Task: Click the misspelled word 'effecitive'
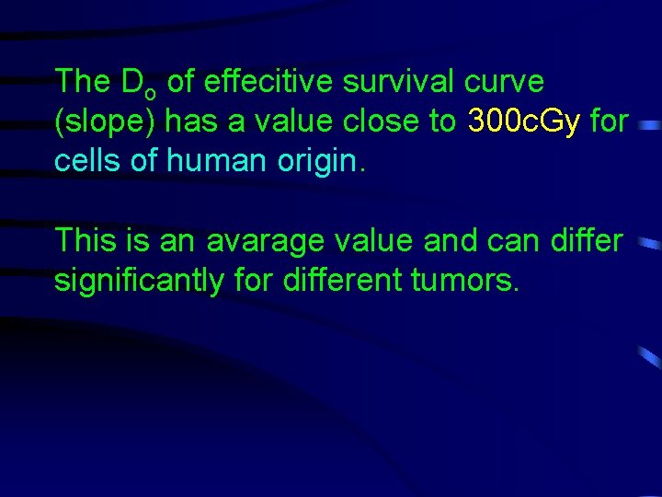pyautogui.click(x=268, y=82)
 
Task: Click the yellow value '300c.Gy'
pyautogui.click(x=523, y=121)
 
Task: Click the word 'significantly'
pyautogui.click(x=138, y=280)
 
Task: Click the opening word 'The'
pyautogui.click(x=81, y=82)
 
